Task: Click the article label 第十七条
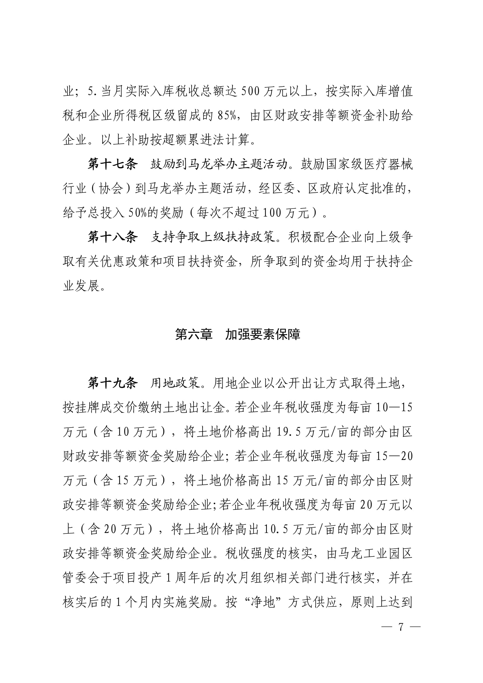tap(113, 164)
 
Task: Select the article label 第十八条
tap(113, 237)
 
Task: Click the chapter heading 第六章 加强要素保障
tap(238, 334)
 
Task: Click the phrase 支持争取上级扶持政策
tap(213, 237)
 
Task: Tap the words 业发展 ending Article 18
tap(81, 286)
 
